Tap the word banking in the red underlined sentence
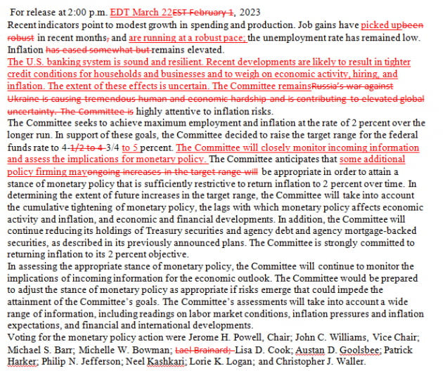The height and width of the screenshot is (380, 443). point(60,62)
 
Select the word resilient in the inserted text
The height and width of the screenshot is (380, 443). point(182,62)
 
